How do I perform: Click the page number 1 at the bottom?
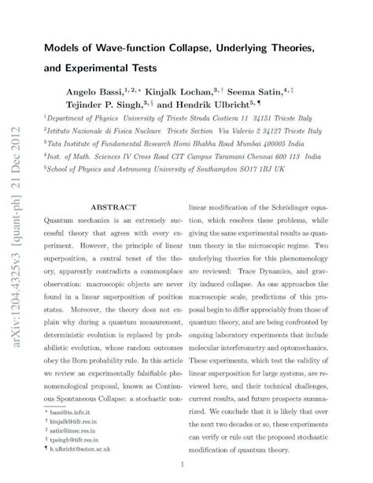click(182, 464)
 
